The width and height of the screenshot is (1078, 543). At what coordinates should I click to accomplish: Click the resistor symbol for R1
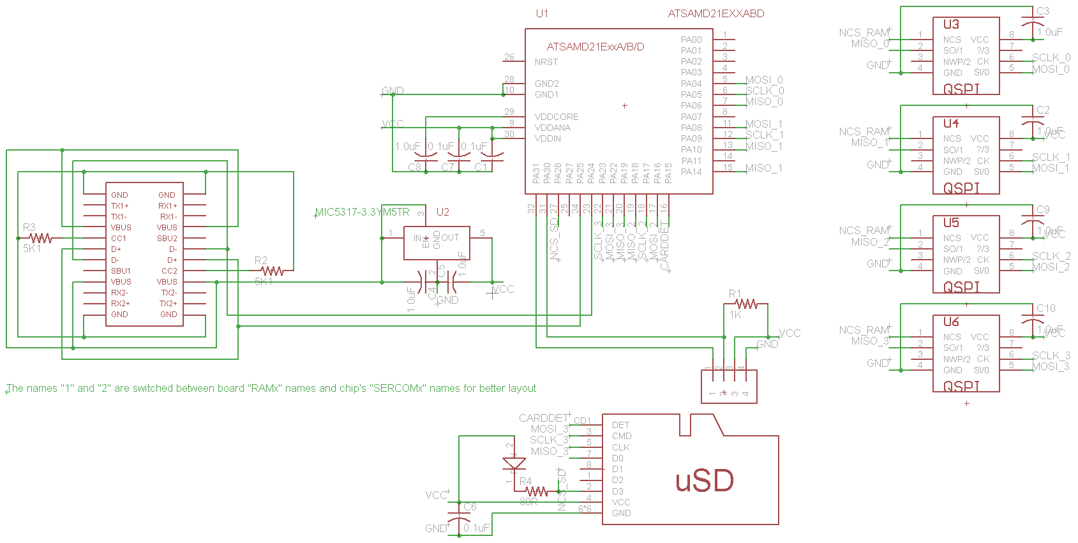(x=746, y=304)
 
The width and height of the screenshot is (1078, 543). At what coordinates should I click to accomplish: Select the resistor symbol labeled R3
(x=41, y=238)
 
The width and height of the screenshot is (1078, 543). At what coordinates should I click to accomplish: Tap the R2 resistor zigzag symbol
(x=273, y=271)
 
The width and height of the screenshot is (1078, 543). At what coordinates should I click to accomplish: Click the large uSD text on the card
(x=705, y=480)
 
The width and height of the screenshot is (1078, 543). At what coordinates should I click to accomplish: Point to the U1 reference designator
(x=542, y=13)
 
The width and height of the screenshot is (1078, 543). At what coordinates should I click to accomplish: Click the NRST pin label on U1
(x=546, y=62)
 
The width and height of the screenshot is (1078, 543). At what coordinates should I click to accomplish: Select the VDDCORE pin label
(x=557, y=117)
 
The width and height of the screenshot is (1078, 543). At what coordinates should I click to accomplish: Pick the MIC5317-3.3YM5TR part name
(x=363, y=212)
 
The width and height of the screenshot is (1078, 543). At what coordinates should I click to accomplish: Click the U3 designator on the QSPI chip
(x=951, y=24)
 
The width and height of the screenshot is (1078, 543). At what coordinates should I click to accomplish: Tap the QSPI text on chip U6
(x=961, y=386)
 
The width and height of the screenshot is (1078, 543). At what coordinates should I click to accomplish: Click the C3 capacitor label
(x=1043, y=11)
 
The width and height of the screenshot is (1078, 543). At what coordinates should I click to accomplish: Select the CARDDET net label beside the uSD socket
(x=543, y=418)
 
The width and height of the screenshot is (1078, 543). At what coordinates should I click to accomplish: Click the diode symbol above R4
(x=514, y=463)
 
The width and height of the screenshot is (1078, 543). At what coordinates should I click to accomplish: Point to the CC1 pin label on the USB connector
(x=119, y=238)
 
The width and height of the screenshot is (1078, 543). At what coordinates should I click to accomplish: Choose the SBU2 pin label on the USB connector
(x=167, y=238)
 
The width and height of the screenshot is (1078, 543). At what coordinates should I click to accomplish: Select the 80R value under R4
(x=528, y=502)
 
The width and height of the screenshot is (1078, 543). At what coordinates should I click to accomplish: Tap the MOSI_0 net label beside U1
(x=764, y=80)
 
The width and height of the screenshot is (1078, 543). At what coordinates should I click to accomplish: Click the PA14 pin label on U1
(x=691, y=172)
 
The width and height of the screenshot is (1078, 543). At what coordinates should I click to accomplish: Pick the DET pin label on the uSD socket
(x=620, y=425)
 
